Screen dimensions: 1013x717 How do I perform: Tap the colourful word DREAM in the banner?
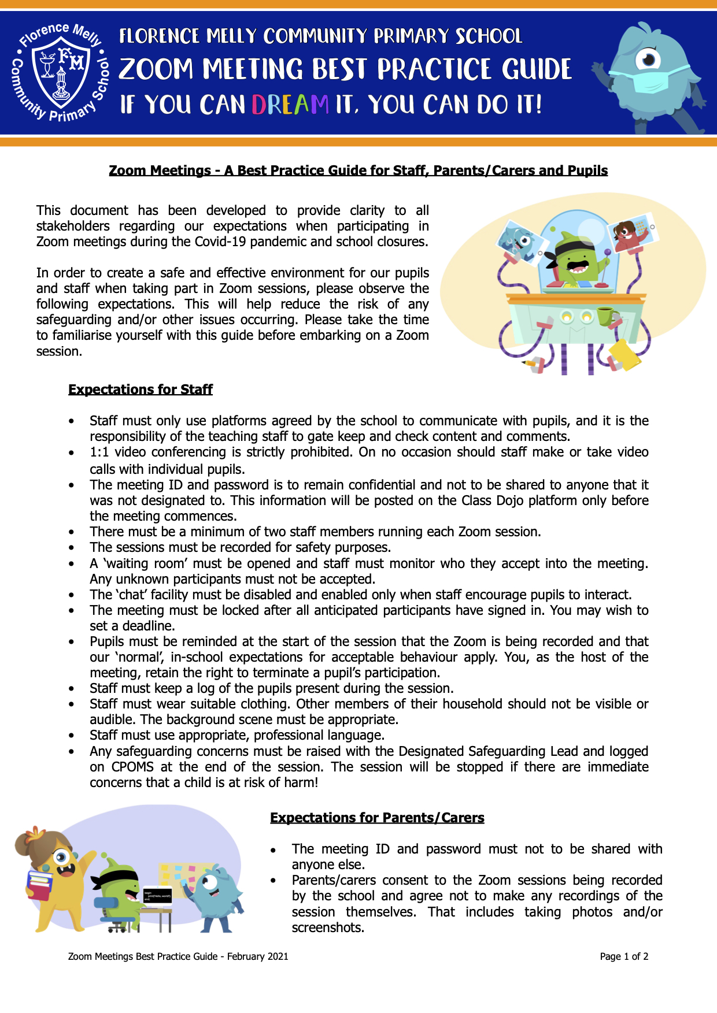pyautogui.click(x=290, y=105)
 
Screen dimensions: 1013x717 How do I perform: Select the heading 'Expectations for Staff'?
pyautogui.click(x=141, y=389)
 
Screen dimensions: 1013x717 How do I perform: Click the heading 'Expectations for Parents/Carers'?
pyautogui.click(x=377, y=818)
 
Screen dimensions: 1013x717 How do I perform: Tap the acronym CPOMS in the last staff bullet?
pyautogui.click(x=132, y=767)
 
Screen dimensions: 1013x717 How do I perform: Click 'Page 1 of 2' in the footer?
pyautogui.click(x=624, y=956)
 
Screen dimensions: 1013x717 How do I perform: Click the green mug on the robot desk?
pyautogui.click(x=606, y=316)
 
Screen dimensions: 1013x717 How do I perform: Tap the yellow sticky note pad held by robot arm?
pyautogui.click(x=625, y=354)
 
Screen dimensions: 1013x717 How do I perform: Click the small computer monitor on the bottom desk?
pyautogui.click(x=157, y=896)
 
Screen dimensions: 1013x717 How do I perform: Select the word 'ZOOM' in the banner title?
pyautogui.click(x=156, y=69)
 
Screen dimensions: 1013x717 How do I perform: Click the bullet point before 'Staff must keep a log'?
pyautogui.click(x=71, y=689)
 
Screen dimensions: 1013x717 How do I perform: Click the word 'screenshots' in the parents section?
pyautogui.click(x=327, y=927)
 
